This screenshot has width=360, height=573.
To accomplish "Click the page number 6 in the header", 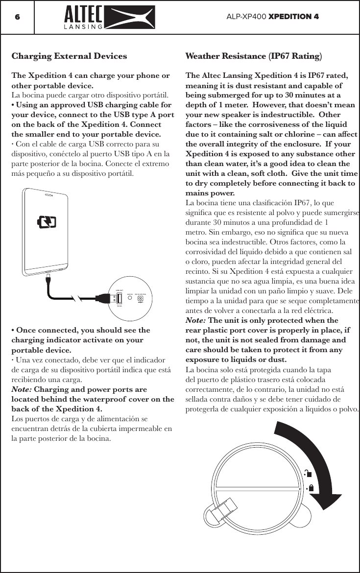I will (x=17, y=17).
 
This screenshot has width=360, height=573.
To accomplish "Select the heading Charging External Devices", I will (x=69, y=56).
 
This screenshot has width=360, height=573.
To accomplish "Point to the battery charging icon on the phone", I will (x=47, y=223).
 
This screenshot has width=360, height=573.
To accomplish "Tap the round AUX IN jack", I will (x=130, y=299).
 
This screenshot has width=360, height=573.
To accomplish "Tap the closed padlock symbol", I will (x=311, y=488).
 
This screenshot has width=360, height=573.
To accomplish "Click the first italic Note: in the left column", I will (x=21, y=390).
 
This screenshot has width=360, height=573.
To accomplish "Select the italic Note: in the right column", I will (x=195, y=321).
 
